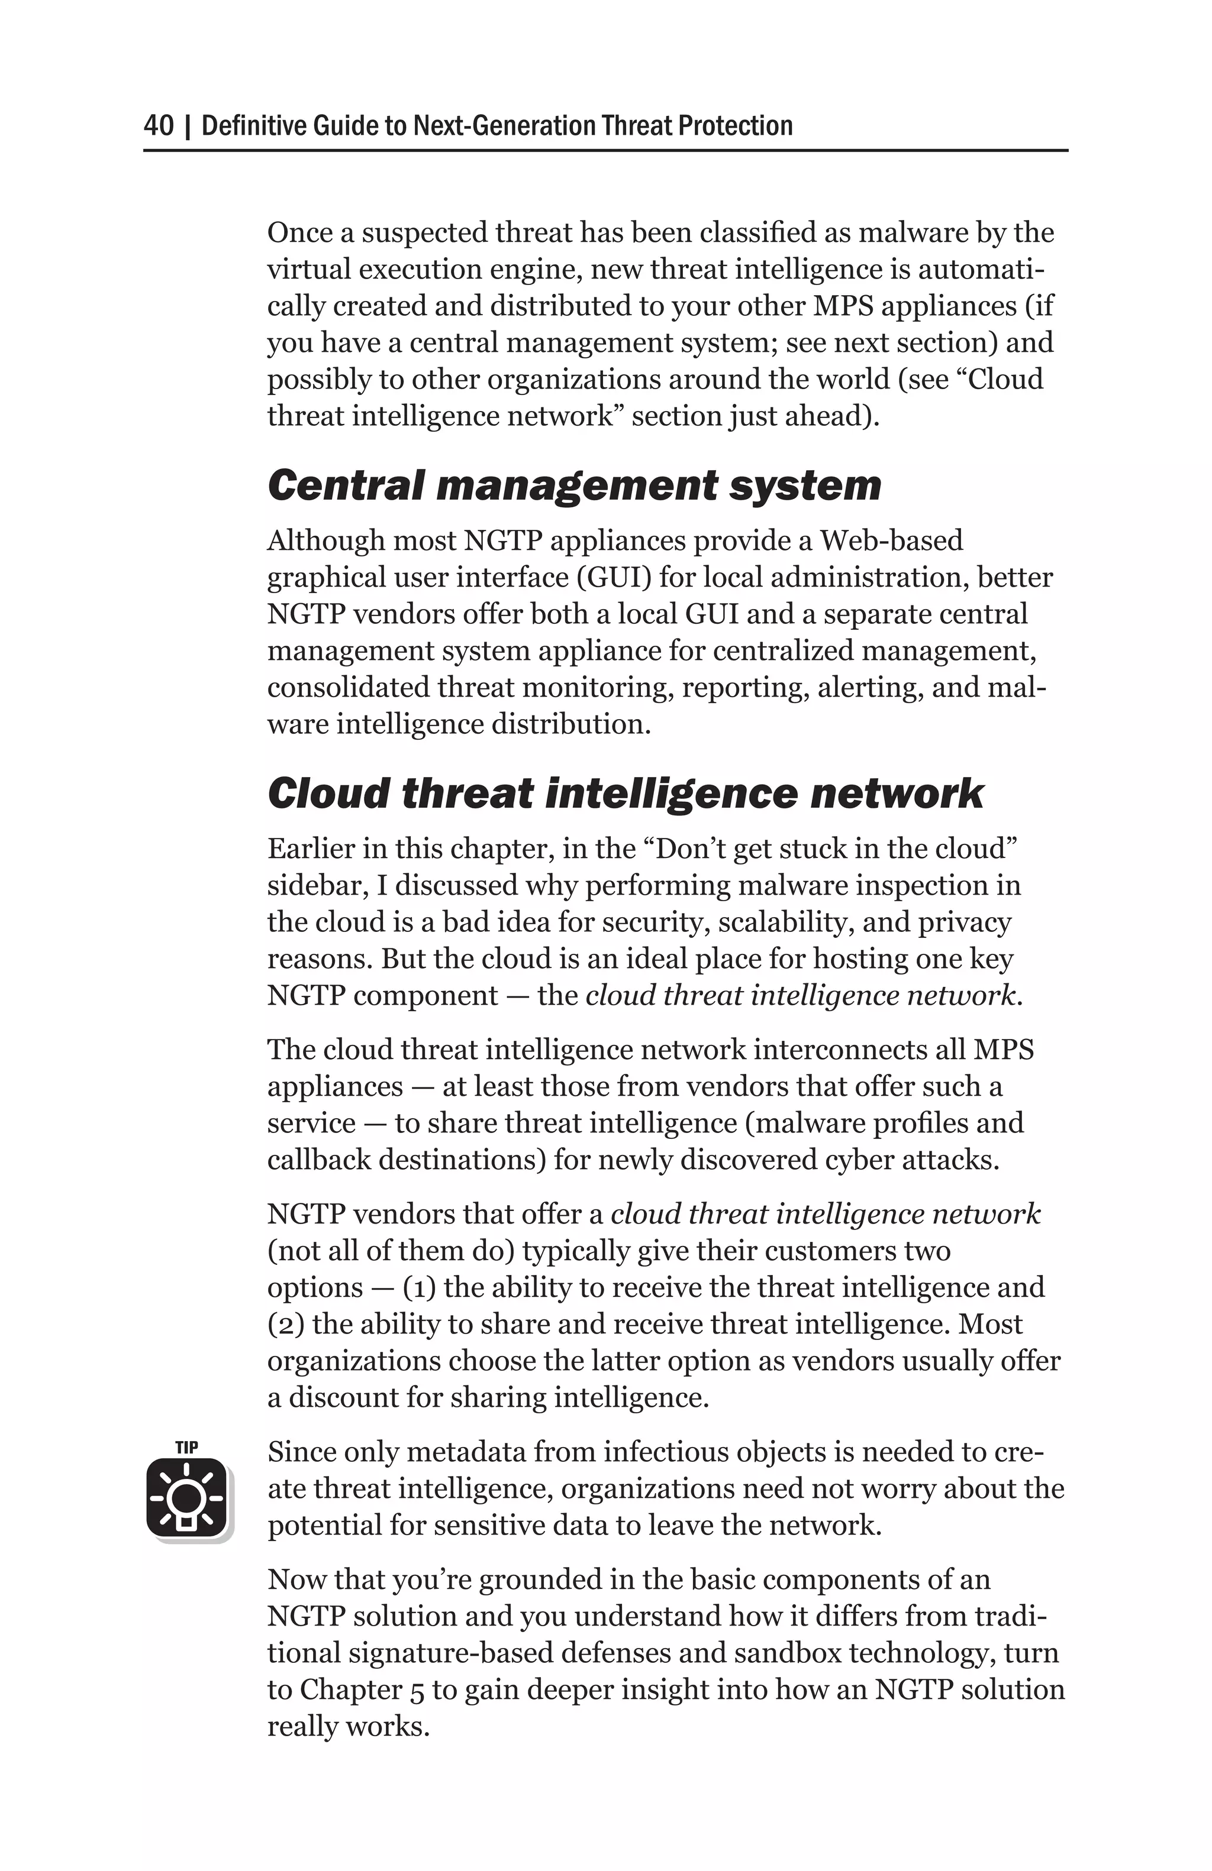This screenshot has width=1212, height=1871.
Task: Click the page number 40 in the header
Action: tap(159, 126)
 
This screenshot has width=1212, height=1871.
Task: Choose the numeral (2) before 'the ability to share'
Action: tap(285, 1324)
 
